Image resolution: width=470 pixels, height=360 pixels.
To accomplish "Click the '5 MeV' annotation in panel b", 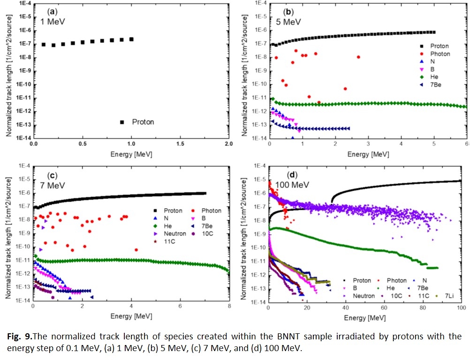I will tap(288, 22).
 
